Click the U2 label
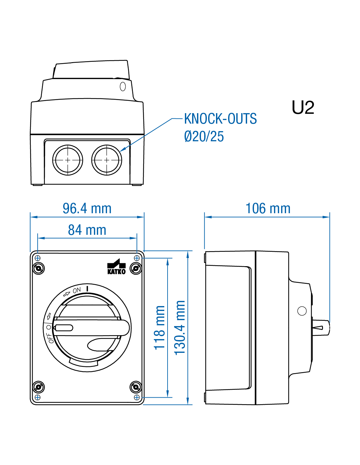click(303, 108)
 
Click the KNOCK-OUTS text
click(220, 119)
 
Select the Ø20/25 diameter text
click(204, 136)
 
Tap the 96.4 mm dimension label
click(87, 209)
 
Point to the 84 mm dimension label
click(87, 230)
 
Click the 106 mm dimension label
click(268, 209)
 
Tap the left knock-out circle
click(68, 160)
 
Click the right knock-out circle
click(107, 160)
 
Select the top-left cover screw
click(39, 268)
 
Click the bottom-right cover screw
click(136, 387)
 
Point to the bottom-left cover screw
click(39, 387)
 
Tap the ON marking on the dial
click(77, 290)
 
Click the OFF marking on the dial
click(50, 338)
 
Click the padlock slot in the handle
click(64, 328)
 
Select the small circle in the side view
click(302, 311)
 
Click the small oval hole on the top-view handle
click(123, 87)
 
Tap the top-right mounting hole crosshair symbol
click(137, 258)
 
